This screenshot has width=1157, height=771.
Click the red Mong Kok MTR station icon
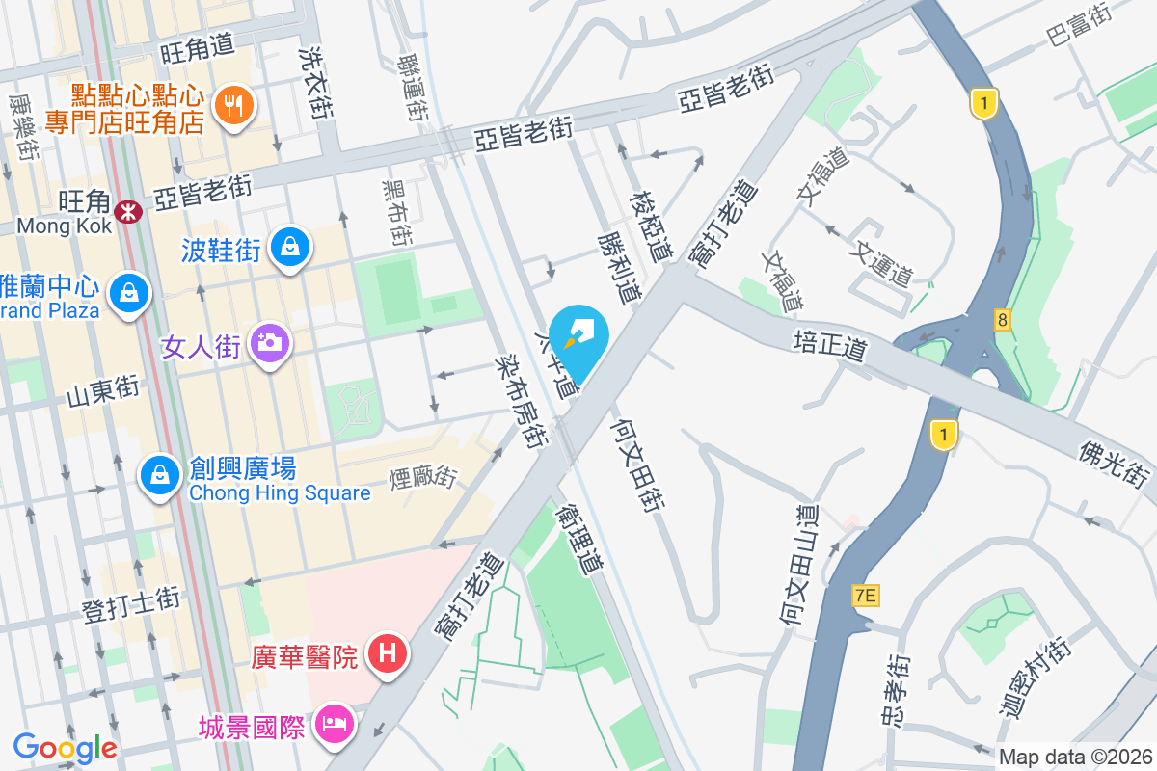click(126, 209)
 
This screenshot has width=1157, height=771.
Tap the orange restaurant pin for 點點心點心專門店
click(232, 105)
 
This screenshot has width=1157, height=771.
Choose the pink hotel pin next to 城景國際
click(334, 725)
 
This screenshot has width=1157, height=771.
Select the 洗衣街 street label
click(315, 83)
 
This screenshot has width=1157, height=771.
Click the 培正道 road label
click(828, 345)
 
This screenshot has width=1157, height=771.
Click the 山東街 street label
click(103, 393)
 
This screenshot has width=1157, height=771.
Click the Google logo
click(65, 747)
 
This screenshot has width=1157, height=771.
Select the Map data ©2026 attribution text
click(1075, 758)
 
